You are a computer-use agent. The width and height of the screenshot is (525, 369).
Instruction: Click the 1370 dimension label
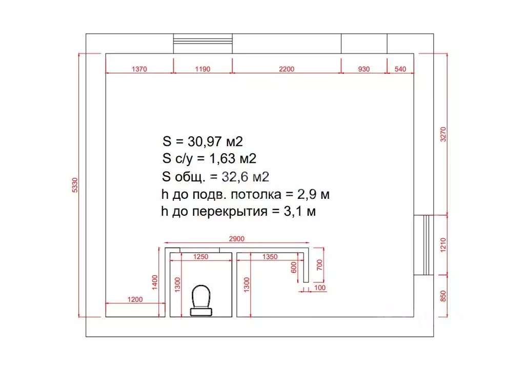[139, 69]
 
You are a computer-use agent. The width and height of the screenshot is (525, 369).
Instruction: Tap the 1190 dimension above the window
[203, 69]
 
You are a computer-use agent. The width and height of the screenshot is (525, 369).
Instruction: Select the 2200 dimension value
[287, 69]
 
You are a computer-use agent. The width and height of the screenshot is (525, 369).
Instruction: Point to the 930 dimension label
[364, 69]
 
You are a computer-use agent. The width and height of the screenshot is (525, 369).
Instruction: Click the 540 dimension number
[400, 69]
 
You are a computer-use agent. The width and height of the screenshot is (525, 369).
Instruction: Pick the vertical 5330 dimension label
[75, 185]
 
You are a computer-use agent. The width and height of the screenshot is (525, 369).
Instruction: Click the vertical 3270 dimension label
[443, 134]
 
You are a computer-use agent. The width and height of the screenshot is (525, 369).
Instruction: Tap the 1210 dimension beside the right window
[443, 245]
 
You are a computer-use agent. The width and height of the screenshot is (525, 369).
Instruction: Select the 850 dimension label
[443, 296]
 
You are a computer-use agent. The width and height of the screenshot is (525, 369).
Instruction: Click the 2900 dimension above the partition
[237, 239]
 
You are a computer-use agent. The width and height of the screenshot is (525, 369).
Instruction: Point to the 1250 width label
[200, 257]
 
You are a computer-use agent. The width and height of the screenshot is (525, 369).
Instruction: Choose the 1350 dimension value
[270, 257]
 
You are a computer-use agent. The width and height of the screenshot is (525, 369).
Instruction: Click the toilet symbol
[201, 300]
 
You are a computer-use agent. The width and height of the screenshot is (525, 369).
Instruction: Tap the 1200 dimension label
[135, 299]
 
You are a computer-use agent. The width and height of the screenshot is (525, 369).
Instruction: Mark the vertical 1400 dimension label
[155, 282]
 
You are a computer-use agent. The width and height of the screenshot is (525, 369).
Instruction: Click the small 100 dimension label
[320, 288]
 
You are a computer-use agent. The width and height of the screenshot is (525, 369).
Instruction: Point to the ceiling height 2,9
[307, 194]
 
